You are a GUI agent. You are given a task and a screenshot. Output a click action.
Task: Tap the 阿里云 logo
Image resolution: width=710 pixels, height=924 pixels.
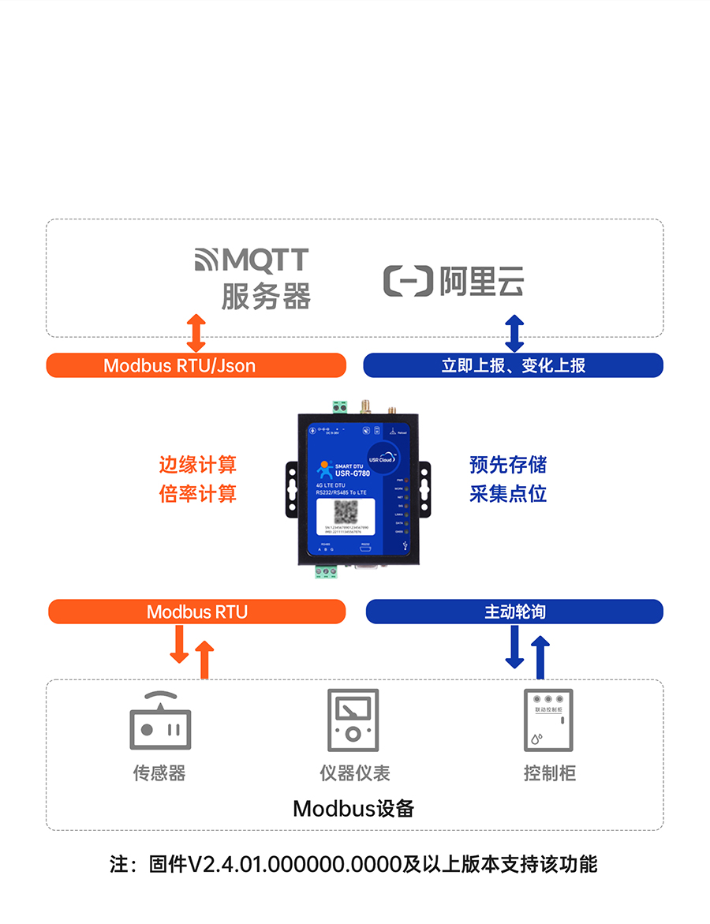coord(454,282)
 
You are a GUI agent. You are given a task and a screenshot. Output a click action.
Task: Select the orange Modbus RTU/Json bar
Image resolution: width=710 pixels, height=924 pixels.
coord(196,365)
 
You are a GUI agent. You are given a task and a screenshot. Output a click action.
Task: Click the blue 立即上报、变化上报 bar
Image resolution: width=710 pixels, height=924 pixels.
coord(513,365)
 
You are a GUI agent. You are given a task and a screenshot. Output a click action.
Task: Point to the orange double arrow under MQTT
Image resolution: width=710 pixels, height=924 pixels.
coord(196,332)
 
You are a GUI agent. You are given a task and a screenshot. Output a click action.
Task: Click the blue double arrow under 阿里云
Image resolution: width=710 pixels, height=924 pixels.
coord(514,332)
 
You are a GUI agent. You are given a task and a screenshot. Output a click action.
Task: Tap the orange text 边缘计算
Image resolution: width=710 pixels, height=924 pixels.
coord(197,465)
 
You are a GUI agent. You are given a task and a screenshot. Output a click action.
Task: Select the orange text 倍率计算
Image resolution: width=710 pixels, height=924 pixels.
coord(197,494)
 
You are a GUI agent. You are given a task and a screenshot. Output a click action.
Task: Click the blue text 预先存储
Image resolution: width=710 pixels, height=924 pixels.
coord(508,465)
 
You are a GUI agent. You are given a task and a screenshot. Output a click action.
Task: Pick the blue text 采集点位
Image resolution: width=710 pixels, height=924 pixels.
coord(508,494)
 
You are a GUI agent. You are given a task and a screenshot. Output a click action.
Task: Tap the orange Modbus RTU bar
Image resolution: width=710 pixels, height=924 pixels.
coord(197,612)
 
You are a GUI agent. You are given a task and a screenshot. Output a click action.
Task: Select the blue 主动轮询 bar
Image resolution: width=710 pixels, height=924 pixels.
coord(514,612)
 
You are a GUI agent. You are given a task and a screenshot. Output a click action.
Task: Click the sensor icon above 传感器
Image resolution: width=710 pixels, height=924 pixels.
coord(160,721)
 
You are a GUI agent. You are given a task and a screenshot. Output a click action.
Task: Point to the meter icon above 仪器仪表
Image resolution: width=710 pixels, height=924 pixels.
coord(353,720)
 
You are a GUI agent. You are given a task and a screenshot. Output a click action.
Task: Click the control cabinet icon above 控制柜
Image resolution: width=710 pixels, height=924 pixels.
coord(548,720)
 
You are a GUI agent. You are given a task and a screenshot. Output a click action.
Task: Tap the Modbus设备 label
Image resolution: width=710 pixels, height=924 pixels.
coord(353,809)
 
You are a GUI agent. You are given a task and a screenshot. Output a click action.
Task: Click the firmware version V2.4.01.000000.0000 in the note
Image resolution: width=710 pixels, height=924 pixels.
coord(294,864)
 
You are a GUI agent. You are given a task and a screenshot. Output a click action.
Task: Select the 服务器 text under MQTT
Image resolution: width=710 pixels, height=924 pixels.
coord(266,297)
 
